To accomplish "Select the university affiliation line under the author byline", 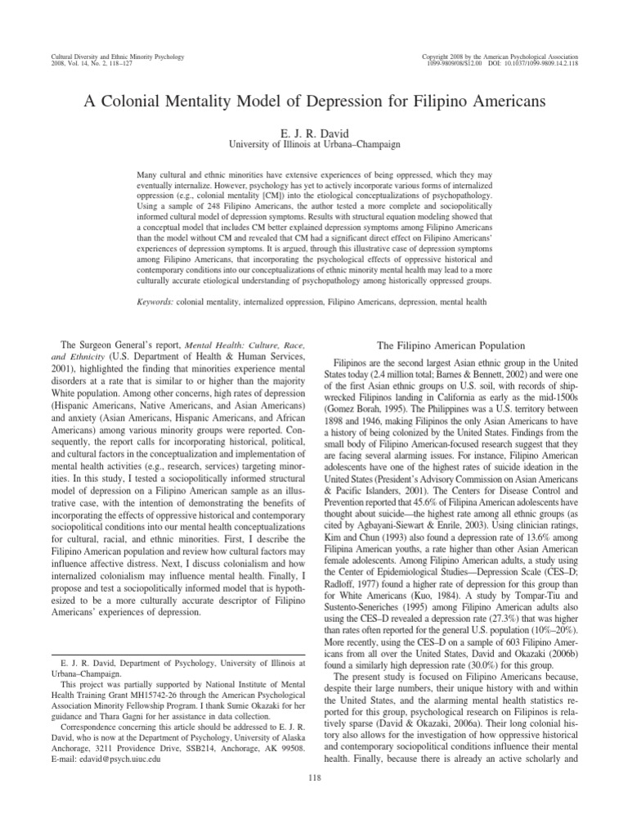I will (314, 142).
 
